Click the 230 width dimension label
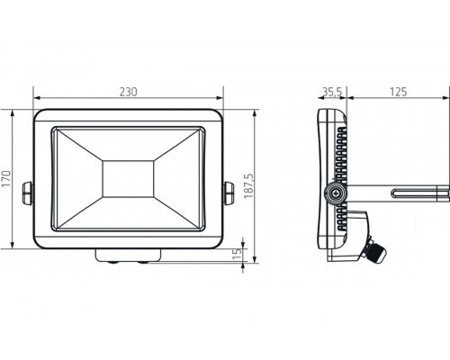point(128,91)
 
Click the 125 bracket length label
point(399,91)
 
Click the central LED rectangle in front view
point(128,175)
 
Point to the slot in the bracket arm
point(416,191)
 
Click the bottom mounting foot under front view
point(128,256)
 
